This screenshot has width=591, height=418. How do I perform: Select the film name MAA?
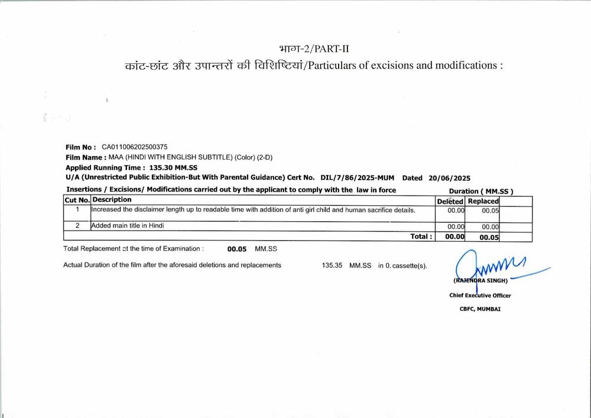[116, 157]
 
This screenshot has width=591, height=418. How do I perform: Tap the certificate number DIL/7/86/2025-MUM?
[357, 177]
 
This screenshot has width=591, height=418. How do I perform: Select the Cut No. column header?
[77, 200]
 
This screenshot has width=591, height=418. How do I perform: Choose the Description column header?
[112, 200]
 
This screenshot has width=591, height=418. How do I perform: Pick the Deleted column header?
[450, 201]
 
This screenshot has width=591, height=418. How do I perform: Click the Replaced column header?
[483, 201]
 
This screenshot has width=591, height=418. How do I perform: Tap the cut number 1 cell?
[77, 210]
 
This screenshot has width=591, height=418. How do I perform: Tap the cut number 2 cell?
[77, 226]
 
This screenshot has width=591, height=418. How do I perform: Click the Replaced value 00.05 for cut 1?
[490, 210]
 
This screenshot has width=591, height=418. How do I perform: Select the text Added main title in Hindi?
[128, 226]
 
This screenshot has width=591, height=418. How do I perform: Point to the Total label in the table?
[421, 236]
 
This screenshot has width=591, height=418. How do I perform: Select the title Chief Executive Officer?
[480, 296]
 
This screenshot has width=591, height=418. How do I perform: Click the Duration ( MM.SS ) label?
[480, 191]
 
